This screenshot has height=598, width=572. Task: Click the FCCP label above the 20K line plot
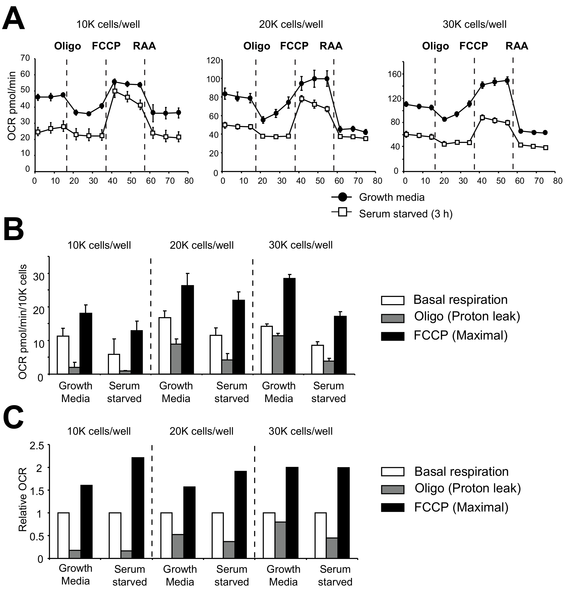[x=294, y=46]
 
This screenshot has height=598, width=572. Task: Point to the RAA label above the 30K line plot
[x=517, y=46]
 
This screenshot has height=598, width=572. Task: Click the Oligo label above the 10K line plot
[x=68, y=46]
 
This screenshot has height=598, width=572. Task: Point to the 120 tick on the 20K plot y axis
[x=213, y=60]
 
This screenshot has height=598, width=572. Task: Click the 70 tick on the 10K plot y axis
[x=25, y=58]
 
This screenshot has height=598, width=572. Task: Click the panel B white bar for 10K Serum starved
[x=114, y=364]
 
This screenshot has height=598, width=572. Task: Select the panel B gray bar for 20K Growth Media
[x=176, y=358]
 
